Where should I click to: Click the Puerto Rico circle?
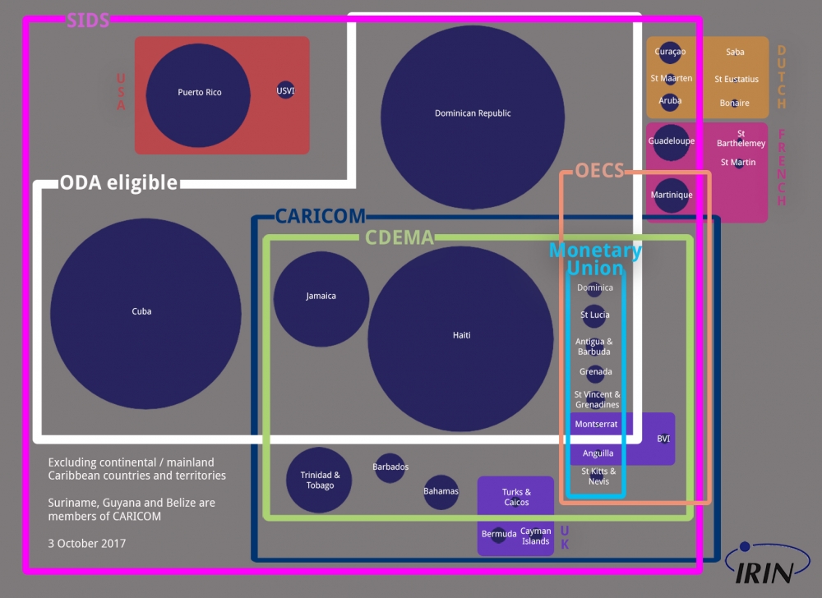point(198,95)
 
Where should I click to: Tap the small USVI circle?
point(285,90)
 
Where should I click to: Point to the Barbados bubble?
point(390,467)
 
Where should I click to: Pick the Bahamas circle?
point(441,492)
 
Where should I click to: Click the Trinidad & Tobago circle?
point(319,481)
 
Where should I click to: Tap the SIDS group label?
point(88,21)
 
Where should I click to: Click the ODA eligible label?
point(118,182)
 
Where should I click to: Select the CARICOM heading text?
point(320,216)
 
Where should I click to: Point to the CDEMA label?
point(399,238)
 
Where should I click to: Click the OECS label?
point(599,171)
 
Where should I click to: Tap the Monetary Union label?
point(595,260)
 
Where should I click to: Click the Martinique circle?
point(672,195)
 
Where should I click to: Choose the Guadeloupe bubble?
point(671,142)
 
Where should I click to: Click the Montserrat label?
point(596,425)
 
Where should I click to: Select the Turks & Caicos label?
point(516,497)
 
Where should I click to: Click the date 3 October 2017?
point(87,543)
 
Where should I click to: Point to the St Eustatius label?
point(737,80)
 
